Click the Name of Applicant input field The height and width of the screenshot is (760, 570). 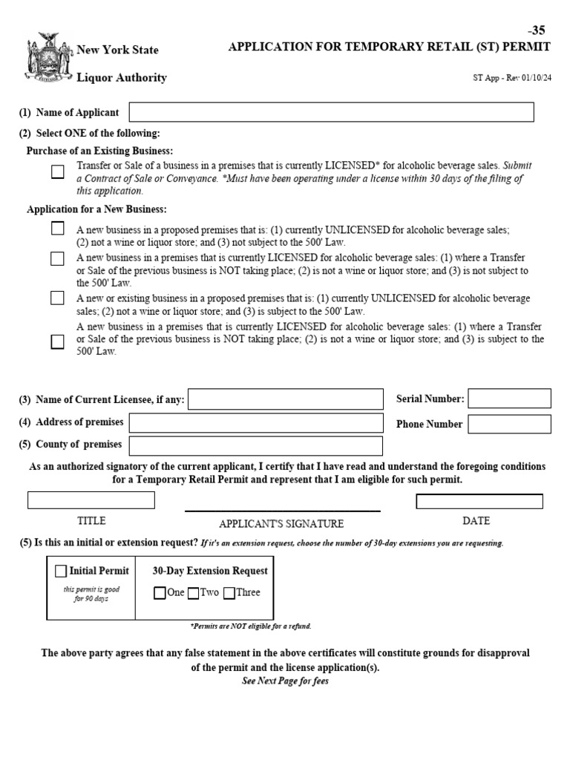pyautogui.click(x=331, y=112)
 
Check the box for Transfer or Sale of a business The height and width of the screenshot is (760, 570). pyautogui.click(x=57, y=172)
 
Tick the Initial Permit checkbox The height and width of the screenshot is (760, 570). pyautogui.click(x=61, y=571)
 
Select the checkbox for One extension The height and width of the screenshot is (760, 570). pyautogui.click(x=160, y=593)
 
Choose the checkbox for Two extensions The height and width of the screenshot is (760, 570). pyautogui.click(x=193, y=593)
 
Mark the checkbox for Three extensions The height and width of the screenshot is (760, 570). pyautogui.click(x=229, y=593)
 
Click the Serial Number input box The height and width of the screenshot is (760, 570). pyautogui.click(x=509, y=399)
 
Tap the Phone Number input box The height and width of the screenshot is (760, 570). pyautogui.click(x=509, y=424)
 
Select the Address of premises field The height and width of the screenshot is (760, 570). pyautogui.click(x=256, y=423)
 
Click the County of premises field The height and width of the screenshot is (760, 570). pyautogui.click(x=256, y=445)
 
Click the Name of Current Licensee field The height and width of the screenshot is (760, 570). pyautogui.click(x=286, y=399)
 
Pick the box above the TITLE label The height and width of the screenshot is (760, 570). pyautogui.click(x=91, y=500)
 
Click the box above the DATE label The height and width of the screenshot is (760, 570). pyautogui.click(x=479, y=502)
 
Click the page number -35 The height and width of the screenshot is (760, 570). pyautogui.click(x=537, y=30)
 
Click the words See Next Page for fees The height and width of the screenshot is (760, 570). pyautogui.click(x=285, y=681)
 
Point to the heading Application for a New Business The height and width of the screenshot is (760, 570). pyautogui.click(x=96, y=209)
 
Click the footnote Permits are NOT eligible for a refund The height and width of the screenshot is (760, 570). pyautogui.click(x=251, y=626)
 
